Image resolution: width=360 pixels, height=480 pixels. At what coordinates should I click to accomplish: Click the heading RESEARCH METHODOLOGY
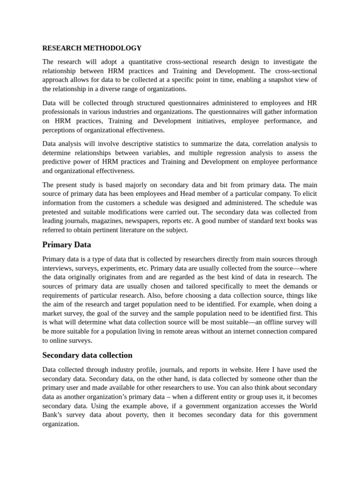[x=92, y=48]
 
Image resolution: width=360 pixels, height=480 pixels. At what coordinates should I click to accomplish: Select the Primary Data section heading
[x=67, y=245]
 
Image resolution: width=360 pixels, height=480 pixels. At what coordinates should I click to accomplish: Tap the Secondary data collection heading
[x=87, y=355]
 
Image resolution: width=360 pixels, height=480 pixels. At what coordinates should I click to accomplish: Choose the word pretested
[x=57, y=212]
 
